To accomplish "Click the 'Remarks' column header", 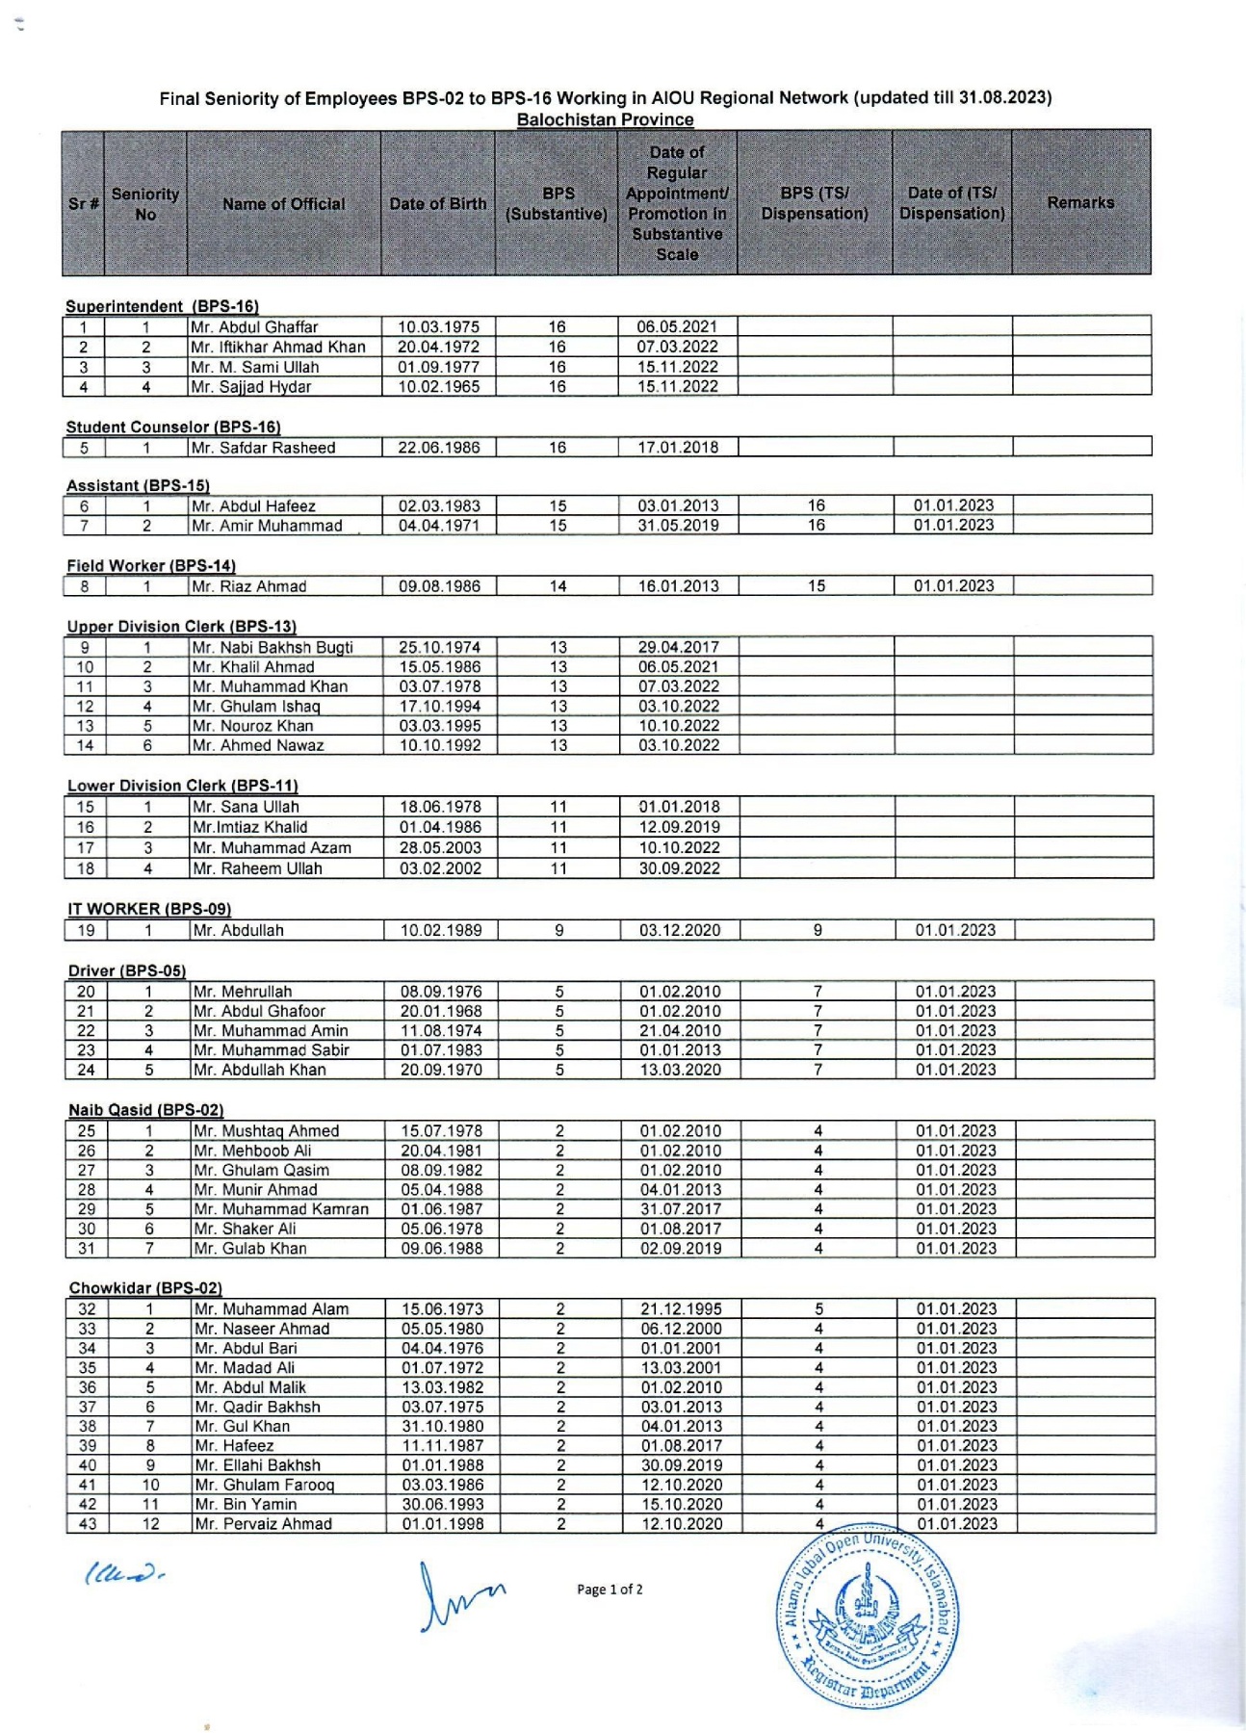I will coord(1080,203).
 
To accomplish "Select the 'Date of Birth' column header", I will coord(438,203).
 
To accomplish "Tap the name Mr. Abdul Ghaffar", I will coord(254,326).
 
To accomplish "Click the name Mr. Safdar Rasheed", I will coord(263,448).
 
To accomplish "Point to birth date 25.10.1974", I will coord(440,647).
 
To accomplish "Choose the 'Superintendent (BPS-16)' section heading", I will coord(162,306).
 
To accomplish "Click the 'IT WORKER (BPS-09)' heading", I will coord(149,909).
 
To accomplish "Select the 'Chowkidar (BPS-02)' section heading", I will coord(145,1288).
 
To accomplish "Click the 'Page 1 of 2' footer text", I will coord(610,1590).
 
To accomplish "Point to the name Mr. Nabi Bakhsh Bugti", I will coord(273,647).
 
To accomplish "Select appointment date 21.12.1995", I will coord(681,1309).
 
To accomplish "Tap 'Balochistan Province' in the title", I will coord(605,119).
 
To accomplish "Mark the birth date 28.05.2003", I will coord(441,848).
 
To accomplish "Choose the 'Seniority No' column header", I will coord(145,203).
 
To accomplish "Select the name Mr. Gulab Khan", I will coord(249,1249).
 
